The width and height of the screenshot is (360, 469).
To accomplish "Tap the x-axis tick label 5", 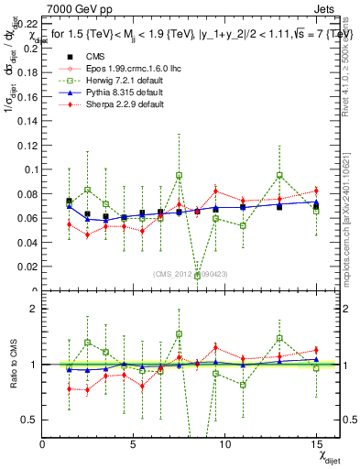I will click(134, 443).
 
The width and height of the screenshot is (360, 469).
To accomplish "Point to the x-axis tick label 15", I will click(314, 443).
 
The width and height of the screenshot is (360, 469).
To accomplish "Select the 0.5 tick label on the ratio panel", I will click(30, 420).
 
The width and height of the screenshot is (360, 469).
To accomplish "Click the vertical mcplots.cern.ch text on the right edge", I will click(353, 197).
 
